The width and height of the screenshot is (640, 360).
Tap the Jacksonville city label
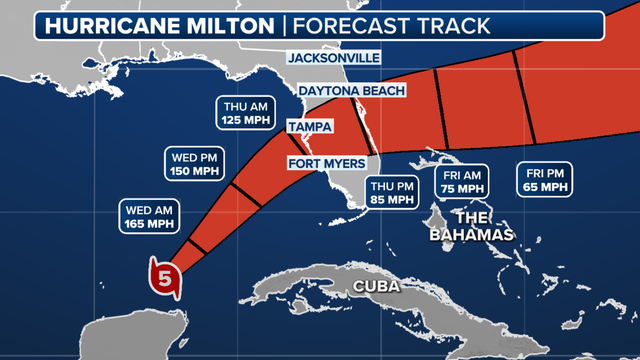[334, 58]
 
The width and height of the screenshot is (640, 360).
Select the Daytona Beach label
[353, 91]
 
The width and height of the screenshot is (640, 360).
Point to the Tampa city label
[310, 127]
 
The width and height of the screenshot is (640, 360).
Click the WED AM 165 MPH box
[146, 217]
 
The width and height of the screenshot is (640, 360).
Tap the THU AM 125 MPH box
[243, 113]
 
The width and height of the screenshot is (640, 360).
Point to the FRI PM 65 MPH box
[546, 180]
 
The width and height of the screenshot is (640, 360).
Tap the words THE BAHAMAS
[472, 226]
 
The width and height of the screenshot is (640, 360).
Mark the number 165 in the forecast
[134, 224]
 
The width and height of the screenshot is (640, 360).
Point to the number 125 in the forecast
[231, 120]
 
